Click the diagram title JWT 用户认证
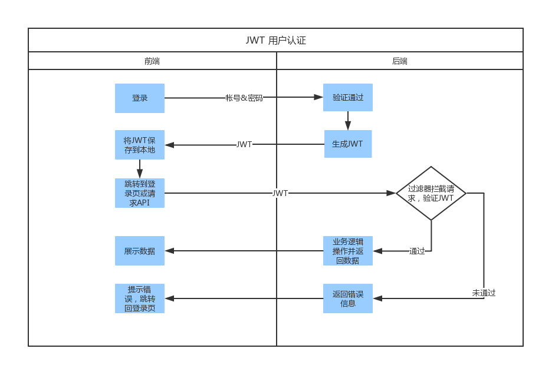[275, 41]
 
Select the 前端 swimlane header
[152, 61]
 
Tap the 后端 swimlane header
[399, 61]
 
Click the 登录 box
[140, 98]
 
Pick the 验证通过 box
[347, 98]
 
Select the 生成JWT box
[348, 144]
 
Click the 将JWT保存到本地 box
[140, 145]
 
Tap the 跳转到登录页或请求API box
[140, 193]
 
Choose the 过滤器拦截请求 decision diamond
[431, 193]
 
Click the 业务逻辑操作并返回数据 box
[348, 251]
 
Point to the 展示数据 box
[140, 251]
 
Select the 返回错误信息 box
[348, 298]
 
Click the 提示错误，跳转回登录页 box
[140, 298]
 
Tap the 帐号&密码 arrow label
[244, 98]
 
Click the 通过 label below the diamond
[417, 251]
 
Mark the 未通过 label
[484, 293]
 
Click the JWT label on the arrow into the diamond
[280, 193]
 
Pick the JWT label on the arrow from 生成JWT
[244, 144]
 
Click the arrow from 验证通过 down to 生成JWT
[348, 121]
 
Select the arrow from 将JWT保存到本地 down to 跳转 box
[140, 169]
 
